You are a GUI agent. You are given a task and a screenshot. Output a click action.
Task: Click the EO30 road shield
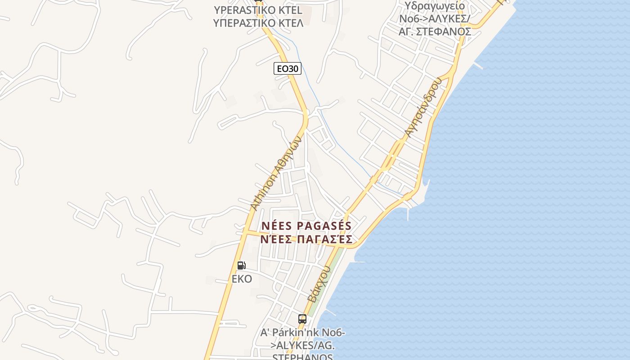point(288,68)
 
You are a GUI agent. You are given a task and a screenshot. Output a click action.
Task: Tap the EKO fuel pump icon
point(241,265)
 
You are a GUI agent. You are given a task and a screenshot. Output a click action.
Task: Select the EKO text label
point(242,279)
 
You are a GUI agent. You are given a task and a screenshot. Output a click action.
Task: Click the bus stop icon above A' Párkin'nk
point(302,319)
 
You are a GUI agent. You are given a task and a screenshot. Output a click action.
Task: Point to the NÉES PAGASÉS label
point(306,226)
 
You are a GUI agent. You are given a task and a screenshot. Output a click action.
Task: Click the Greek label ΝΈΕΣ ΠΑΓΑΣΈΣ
point(306,239)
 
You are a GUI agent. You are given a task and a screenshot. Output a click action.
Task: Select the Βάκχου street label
point(319,283)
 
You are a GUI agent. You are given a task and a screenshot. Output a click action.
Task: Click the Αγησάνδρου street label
point(423,107)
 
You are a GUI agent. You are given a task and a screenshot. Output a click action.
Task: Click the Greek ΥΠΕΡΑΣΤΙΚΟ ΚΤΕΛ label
point(258,22)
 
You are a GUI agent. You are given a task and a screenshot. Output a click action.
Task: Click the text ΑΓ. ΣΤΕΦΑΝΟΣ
point(435,31)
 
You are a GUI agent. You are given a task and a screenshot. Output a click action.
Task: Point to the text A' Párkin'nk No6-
point(303,333)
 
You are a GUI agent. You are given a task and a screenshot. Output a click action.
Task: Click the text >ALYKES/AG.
point(302,346)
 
